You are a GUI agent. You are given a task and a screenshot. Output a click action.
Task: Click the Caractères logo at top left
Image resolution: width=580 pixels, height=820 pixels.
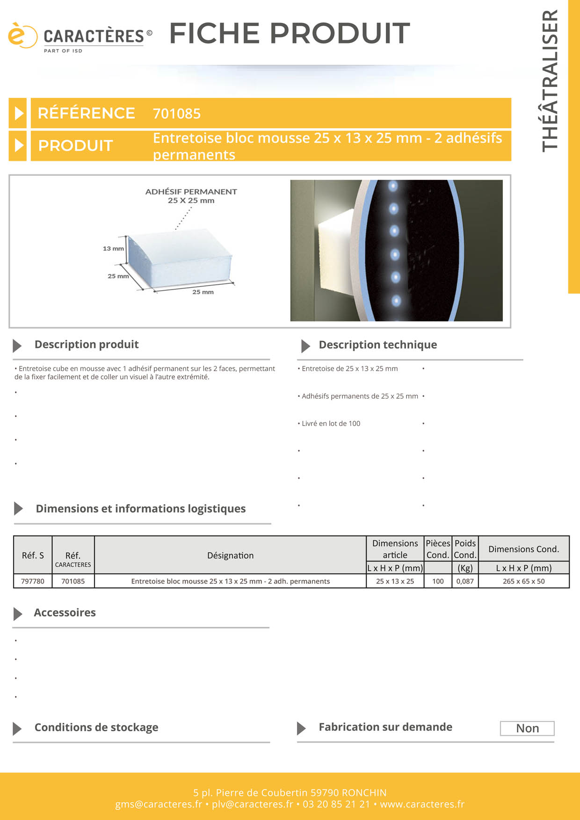point(80,37)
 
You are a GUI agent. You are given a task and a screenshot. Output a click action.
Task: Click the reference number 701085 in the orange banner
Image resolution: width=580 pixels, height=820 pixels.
point(177,114)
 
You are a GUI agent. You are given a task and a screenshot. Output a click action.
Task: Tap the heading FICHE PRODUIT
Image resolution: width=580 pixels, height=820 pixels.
point(290,33)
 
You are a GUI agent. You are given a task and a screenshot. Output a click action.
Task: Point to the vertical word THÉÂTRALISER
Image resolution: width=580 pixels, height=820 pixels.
point(550,81)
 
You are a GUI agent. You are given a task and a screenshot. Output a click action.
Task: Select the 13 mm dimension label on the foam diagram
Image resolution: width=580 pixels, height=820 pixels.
point(113,249)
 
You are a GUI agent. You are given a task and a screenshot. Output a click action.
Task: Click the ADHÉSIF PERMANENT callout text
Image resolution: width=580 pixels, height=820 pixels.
point(191,192)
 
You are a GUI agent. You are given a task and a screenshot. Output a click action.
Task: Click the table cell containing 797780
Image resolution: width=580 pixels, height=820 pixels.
point(33,581)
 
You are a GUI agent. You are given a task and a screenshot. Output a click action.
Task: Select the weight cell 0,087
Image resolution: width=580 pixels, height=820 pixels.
point(465,581)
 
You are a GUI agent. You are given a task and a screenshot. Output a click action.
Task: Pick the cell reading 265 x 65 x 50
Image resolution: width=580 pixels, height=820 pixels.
point(523,581)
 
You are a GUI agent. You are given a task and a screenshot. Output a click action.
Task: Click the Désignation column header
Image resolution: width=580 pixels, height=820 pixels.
point(230,555)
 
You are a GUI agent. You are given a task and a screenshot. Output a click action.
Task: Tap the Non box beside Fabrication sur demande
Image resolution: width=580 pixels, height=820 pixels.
point(527,728)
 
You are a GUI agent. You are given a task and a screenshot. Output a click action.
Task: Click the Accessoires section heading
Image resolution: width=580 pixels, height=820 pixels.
point(65,612)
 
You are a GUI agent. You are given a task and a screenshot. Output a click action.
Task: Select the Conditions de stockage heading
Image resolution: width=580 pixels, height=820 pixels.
point(96,727)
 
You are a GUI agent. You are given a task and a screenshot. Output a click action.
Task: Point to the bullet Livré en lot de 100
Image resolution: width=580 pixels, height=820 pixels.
point(331,424)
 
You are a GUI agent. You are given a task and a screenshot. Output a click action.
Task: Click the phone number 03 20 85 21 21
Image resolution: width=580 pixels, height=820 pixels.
point(336,804)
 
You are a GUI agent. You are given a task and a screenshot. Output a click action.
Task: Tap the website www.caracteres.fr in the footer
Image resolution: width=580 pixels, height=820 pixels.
point(422,804)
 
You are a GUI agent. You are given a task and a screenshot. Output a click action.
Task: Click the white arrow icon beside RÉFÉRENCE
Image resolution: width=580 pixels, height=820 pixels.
point(18,113)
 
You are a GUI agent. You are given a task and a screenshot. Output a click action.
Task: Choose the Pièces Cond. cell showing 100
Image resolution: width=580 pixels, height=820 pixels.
point(438,581)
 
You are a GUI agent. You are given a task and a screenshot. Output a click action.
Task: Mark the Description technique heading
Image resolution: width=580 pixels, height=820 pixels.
point(377,345)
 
